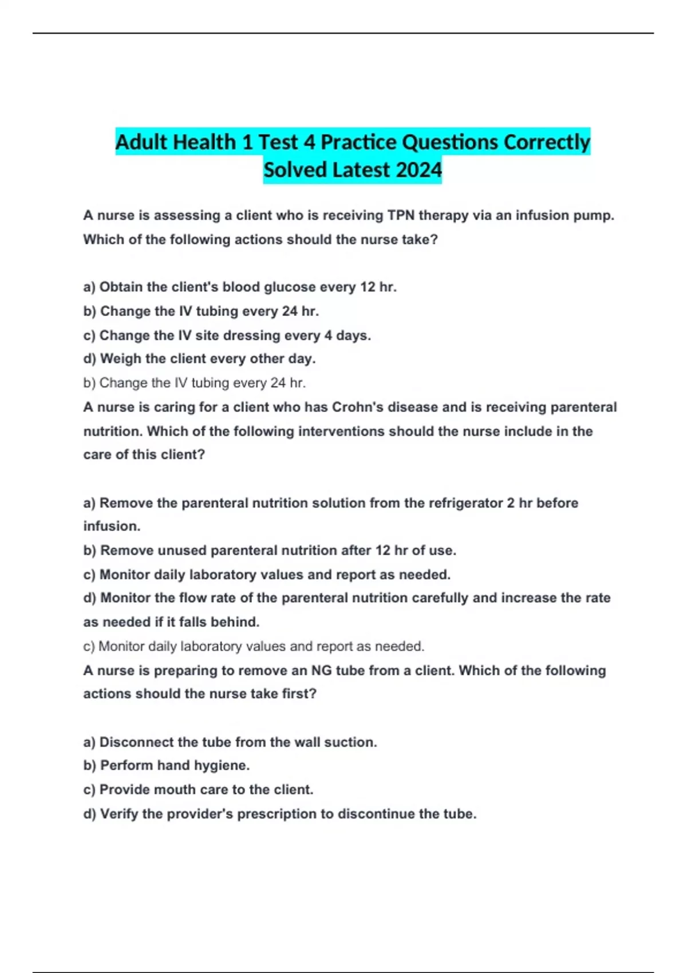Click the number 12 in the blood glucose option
368,287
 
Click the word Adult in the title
141,142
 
